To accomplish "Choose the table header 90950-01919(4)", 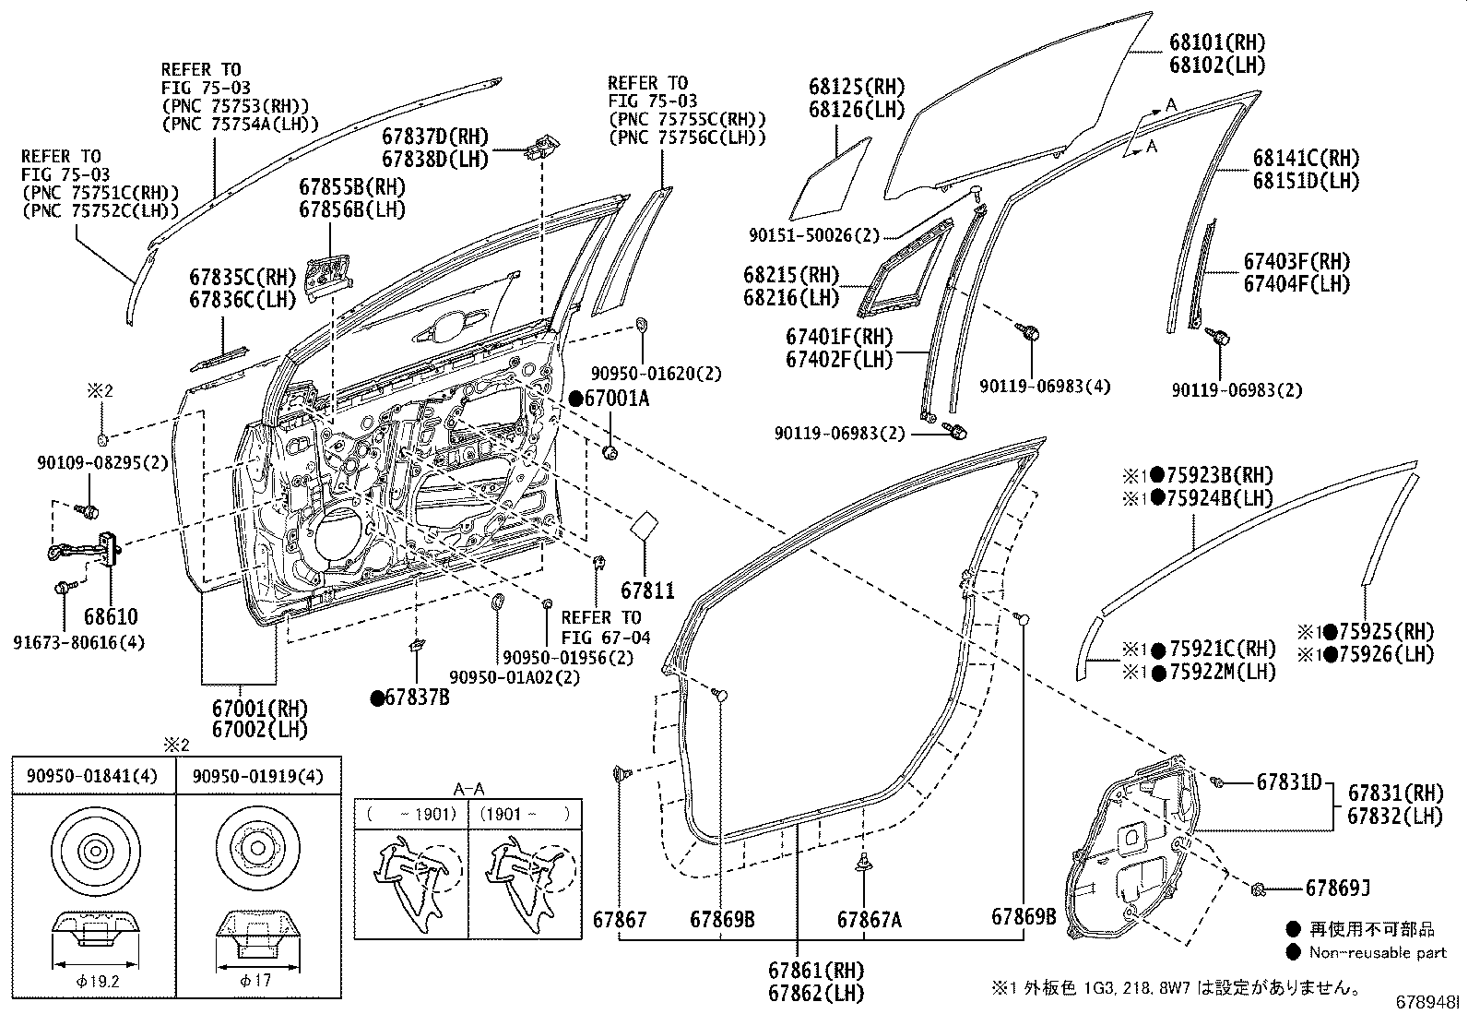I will point(257,776).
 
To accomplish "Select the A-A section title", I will point(468,789).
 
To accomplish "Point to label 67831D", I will point(1288,782).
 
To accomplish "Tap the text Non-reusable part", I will point(1379,952).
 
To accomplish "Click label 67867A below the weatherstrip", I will point(868,919).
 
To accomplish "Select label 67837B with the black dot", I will point(410,698).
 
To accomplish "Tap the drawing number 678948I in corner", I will point(1428,1002).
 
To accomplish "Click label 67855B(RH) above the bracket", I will point(351,186).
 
